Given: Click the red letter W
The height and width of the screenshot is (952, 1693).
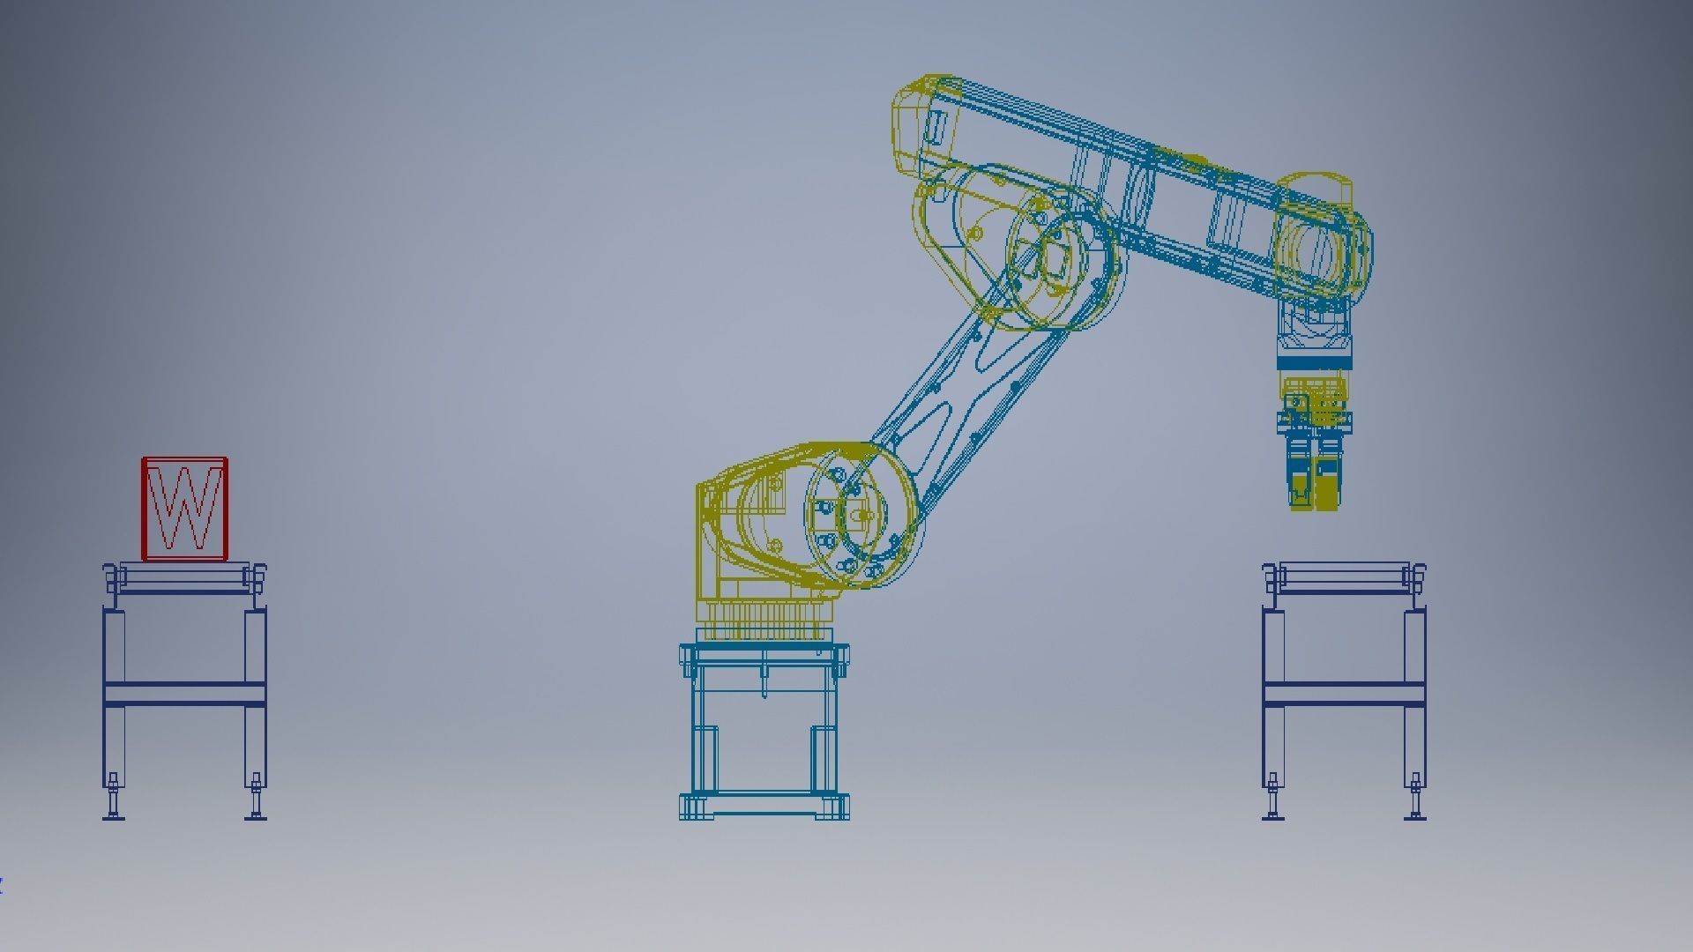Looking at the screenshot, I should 185,508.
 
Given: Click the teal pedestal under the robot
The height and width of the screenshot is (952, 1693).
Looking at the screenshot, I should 764,723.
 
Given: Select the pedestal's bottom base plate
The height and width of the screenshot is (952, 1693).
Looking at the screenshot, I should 764,807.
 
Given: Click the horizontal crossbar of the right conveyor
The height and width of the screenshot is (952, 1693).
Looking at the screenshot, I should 1343,694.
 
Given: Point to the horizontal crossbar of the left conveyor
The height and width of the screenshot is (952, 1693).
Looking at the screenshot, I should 184,694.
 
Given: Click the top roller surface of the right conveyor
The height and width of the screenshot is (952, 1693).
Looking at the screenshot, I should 1343,577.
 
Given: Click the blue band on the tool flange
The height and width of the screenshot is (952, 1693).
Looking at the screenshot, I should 1314,362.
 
